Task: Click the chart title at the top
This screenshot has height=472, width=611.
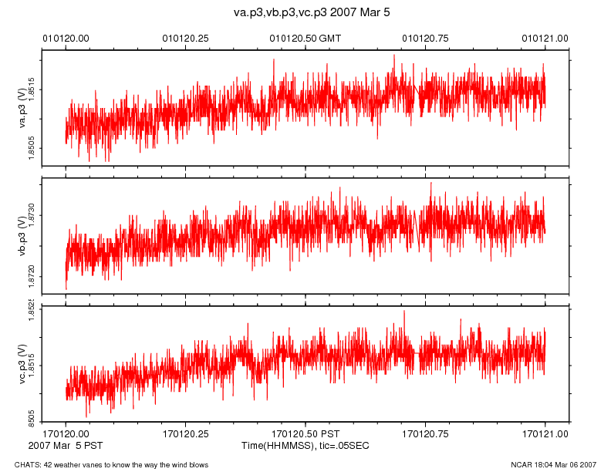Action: (x=305, y=13)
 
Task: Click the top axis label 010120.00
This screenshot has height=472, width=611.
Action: (x=66, y=37)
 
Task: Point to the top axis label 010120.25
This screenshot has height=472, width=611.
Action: (x=186, y=37)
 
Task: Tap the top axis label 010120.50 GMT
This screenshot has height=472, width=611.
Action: (x=305, y=37)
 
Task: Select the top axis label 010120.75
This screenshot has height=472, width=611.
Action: (x=426, y=37)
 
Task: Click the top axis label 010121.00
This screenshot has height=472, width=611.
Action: (x=545, y=37)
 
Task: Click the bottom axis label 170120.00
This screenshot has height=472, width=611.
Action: (x=66, y=435)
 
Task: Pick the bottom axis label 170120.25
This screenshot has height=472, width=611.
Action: (x=186, y=435)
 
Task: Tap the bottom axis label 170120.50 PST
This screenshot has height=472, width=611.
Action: (x=305, y=435)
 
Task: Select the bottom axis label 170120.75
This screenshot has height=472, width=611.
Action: (x=426, y=435)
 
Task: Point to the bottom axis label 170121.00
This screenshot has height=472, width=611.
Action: (x=545, y=435)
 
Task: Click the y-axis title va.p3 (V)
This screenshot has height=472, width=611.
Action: (x=23, y=108)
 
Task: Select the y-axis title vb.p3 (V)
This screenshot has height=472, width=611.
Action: (x=23, y=235)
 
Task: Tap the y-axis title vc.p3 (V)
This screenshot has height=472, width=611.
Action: (x=23, y=362)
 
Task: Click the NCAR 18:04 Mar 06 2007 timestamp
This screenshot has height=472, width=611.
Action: (x=553, y=464)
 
